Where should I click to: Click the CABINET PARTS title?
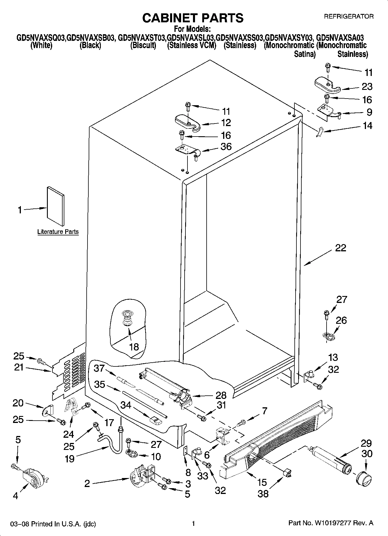[193, 18]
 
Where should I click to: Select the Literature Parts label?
[58, 232]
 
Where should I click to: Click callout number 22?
[340, 248]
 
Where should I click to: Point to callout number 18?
[134, 346]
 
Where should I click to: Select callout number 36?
[226, 147]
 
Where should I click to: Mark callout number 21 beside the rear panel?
[19, 368]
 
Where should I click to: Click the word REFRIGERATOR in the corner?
[349, 17]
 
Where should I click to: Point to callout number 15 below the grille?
[262, 482]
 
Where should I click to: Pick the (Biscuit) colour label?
[143, 46]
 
